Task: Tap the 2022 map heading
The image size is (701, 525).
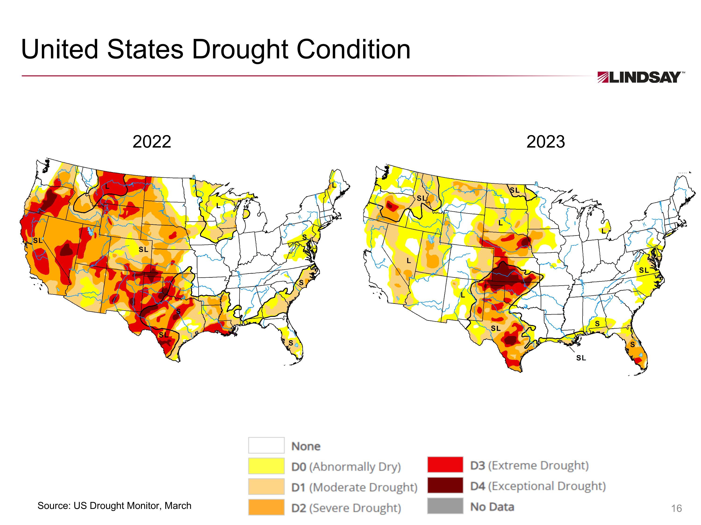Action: pos(152,142)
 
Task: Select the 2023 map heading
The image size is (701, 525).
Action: pos(545,142)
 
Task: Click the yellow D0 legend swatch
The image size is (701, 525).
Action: pos(266,466)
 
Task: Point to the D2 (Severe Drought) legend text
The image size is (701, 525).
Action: pos(346,508)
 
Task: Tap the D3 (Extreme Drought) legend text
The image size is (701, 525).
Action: pos(529,465)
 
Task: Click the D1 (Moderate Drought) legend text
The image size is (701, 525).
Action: pos(354,487)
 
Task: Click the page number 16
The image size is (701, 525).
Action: pos(676,508)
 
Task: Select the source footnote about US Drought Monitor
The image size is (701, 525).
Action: pos(114,505)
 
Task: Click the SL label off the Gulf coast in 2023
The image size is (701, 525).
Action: pos(581,358)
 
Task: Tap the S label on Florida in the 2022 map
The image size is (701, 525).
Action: pos(291,343)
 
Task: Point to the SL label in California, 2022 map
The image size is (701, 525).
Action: pos(38,241)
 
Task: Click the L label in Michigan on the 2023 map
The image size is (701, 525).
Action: pos(603,231)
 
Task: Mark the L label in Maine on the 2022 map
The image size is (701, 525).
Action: pos(333,185)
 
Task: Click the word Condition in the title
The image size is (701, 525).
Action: pos(353,50)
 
